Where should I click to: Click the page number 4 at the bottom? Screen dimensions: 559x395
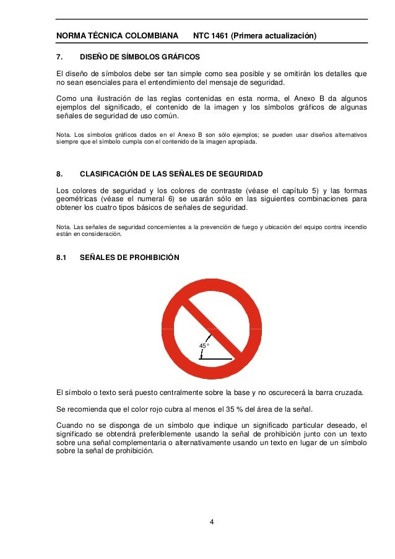pos(211,522)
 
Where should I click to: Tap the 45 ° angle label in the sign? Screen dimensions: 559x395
pos(204,345)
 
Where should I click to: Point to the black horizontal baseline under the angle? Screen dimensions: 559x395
pos(216,358)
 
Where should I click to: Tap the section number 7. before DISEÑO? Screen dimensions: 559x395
pos(59,57)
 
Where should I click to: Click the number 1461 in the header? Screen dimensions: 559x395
pos(220,36)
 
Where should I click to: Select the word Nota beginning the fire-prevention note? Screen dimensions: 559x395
pos(63,228)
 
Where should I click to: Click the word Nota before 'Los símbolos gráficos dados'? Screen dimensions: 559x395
pos(63,134)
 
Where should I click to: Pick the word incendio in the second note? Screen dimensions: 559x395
pos(354,228)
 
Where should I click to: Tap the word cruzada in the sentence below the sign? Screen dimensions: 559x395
pos(347,392)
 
